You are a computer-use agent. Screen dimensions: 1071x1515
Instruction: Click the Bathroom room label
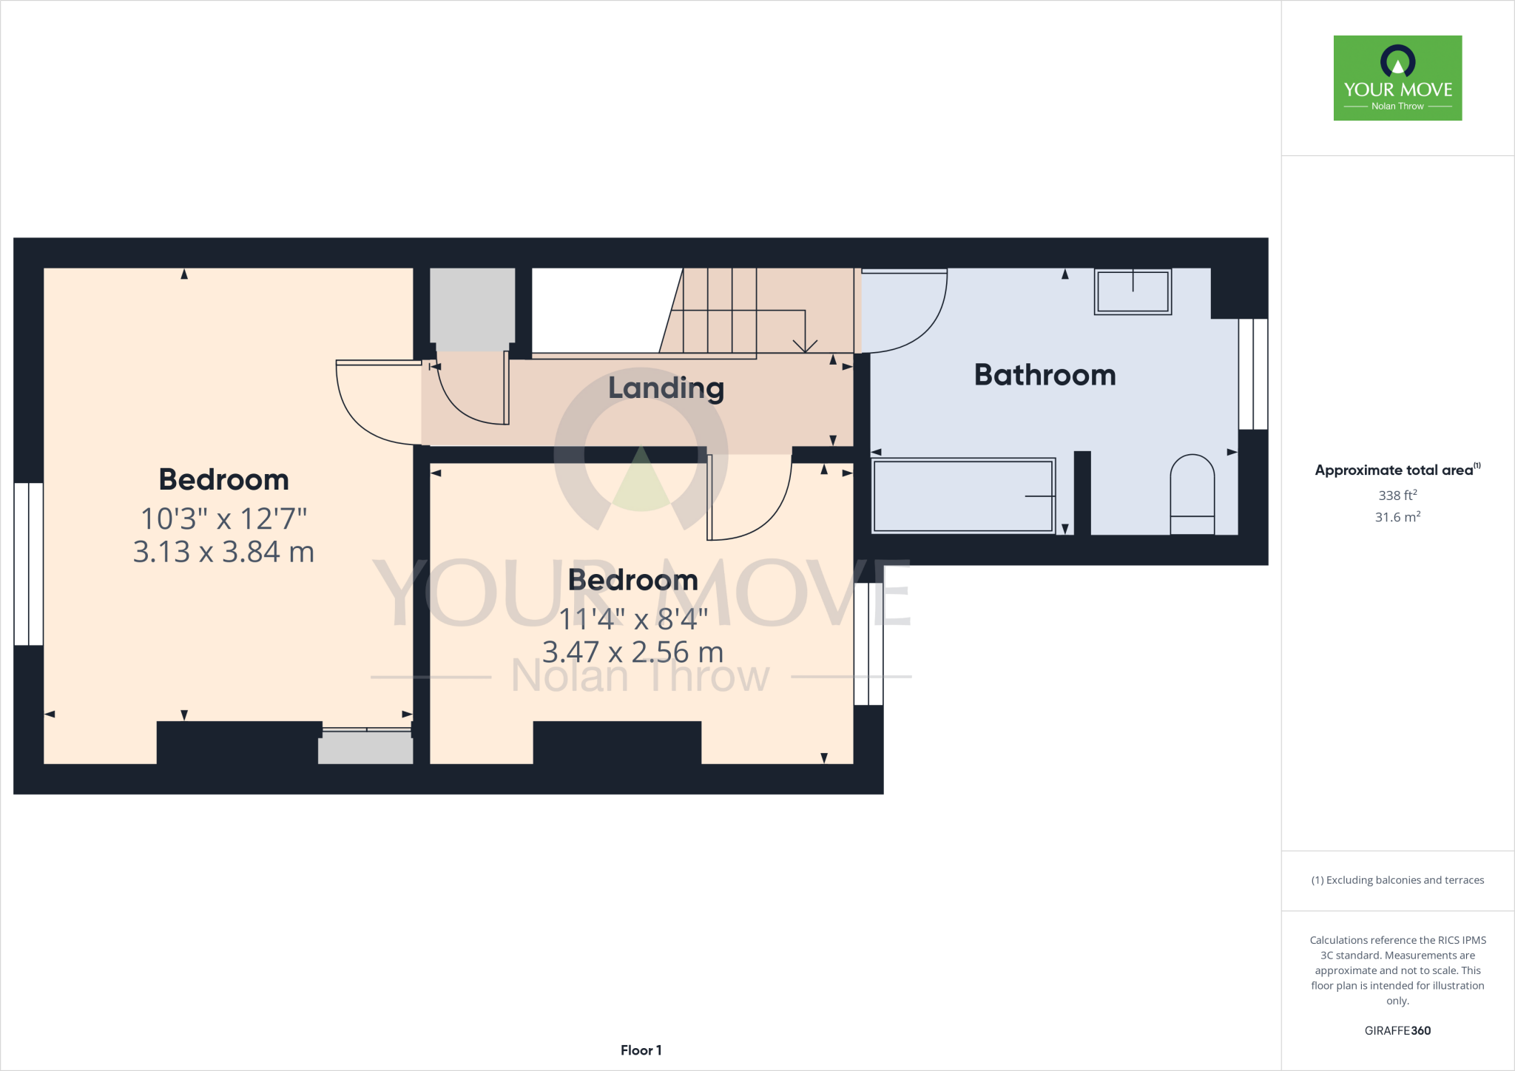coord(1045,375)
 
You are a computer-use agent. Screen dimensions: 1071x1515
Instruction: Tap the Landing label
coord(666,388)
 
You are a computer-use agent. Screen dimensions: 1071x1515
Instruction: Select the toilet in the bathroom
coord(1192,494)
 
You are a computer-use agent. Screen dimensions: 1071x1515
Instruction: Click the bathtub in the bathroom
coord(962,496)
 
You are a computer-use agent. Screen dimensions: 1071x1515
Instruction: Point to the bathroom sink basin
coord(1133,291)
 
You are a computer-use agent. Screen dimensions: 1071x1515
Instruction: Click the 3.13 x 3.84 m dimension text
coord(223,553)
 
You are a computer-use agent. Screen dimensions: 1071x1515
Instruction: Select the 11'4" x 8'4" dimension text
coord(633,619)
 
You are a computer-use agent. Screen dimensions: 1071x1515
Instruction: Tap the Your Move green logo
coord(1397,78)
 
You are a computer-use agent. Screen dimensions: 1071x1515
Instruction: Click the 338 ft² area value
coord(1397,496)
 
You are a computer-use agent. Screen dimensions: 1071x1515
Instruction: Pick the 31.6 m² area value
coord(1397,517)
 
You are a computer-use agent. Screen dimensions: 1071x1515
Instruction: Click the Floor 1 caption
coord(641,1050)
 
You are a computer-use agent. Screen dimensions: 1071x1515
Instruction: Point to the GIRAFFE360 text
coord(1397,1030)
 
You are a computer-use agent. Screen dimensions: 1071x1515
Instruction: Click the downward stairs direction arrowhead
coord(805,346)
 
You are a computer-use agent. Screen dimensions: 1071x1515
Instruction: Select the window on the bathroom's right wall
coord(1253,374)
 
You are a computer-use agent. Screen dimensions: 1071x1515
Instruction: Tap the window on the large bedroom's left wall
coord(29,564)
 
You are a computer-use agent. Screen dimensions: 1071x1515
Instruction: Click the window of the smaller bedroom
coord(868,643)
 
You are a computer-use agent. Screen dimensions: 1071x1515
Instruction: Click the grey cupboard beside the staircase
coord(472,309)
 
